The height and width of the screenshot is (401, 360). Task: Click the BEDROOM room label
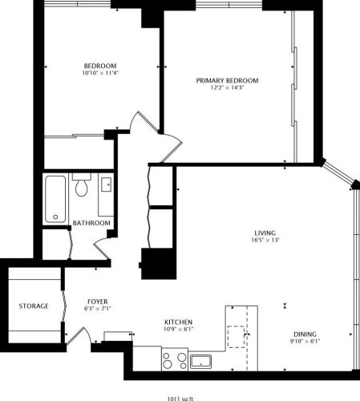[100, 66]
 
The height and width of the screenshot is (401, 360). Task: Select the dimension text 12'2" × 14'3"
[229, 88]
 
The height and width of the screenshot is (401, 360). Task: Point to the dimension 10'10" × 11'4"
[100, 74]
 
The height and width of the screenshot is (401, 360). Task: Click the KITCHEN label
[178, 322]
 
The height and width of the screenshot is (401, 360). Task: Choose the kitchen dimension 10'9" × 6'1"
[178, 330]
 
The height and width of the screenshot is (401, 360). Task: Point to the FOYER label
[95, 301]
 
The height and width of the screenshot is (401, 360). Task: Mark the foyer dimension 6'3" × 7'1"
[95, 308]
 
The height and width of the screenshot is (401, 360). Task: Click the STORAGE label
[34, 306]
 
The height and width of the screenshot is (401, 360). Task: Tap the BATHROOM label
[91, 223]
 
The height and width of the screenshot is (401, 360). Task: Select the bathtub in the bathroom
[55, 198]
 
